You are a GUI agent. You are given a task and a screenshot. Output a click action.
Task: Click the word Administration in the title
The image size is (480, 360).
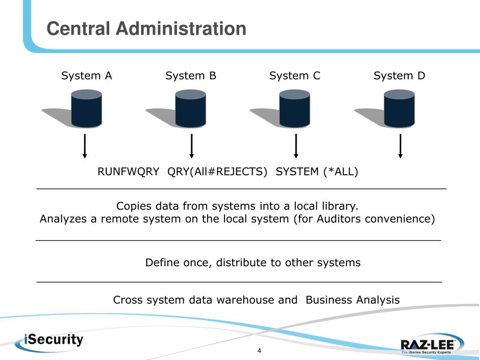coord(181,29)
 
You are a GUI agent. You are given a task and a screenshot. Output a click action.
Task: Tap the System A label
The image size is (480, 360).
coord(87,75)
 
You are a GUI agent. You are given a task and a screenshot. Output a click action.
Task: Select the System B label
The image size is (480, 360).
coord(191,75)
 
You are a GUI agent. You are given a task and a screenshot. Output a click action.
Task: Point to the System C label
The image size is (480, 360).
coord(295,75)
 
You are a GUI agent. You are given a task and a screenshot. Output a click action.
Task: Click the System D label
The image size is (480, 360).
coord(399,75)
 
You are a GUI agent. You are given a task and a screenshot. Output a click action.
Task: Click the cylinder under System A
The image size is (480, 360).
coord(87,108)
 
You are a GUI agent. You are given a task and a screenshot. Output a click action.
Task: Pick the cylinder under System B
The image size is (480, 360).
coord(191,108)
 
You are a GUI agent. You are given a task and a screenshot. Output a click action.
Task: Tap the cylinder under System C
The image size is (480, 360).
coord(295,108)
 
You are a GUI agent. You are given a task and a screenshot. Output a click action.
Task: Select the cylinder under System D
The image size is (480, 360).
coord(399,108)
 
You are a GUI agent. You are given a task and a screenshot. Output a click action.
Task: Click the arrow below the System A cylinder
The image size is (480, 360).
coord(85,146)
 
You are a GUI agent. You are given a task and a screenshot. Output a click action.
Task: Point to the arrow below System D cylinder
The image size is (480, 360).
coord(400,146)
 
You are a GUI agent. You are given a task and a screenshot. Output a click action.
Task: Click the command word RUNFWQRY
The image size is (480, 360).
coord(128,172)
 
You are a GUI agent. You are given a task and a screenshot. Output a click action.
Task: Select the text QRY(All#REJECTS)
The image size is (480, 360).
coord(217,172)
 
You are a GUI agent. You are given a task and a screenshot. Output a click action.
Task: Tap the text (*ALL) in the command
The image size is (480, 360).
coord(341,172)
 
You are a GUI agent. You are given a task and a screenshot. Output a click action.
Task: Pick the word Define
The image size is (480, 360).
coord(163,262)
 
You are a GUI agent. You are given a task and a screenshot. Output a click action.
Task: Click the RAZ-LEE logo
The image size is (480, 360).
coord(432,345)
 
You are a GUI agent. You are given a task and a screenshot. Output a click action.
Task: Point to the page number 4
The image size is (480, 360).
coord(259,351)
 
